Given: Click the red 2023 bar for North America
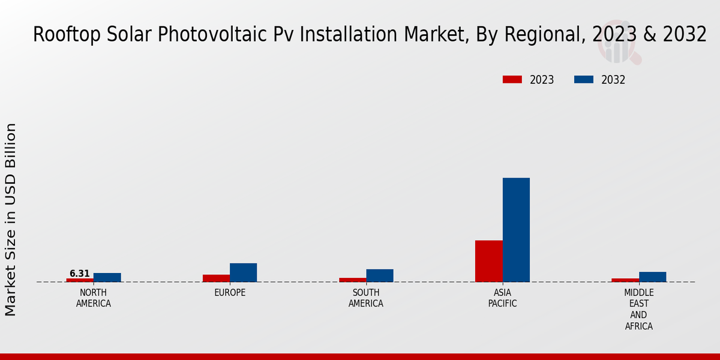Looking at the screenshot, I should [x=80, y=280].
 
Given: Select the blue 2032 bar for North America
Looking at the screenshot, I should [x=107, y=278].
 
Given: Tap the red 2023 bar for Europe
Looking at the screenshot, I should [x=216, y=278].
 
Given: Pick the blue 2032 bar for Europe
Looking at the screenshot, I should [x=244, y=272].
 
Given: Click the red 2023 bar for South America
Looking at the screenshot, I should [x=352, y=280].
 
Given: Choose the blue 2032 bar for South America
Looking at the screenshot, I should [x=380, y=275].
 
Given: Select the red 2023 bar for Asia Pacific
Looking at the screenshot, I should [x=489, y=261].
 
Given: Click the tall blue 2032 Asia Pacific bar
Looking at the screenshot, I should [x=516, y=230].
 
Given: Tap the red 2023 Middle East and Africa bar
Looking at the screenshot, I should [x=625, y=280].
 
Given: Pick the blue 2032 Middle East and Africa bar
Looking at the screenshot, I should [x=652, y=277].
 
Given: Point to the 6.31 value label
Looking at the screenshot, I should [x=80, y=274].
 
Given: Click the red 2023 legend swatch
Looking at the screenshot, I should [x=512, y=80].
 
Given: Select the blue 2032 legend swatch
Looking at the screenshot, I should [x=584, y=80].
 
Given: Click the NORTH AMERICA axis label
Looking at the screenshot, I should [x=94, y=298].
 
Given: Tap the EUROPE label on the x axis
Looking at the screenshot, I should [x=230, y=293].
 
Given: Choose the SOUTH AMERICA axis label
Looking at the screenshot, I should [x=366, y=298].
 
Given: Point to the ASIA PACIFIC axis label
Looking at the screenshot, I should [x=503, y=298].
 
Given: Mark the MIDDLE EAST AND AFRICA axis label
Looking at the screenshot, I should [x=639, y=310].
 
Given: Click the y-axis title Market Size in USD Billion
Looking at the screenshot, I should [x=11, y=219].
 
